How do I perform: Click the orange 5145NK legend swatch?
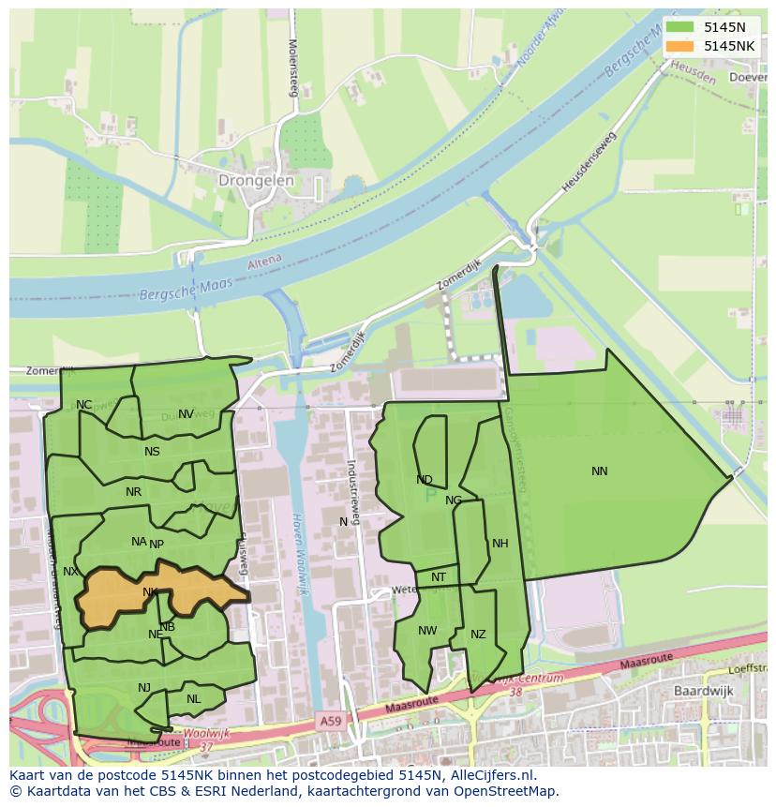(x=680, y=46)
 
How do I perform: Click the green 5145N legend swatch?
(x=680, y=27)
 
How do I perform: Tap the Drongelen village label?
(x=256, y=180)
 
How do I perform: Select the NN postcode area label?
(x=600, y=471)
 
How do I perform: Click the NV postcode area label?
(x=186, y=414)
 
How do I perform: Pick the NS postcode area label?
(x=152, y=452)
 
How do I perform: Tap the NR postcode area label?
(x=133, y=492)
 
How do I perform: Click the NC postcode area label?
(x=84, y=405)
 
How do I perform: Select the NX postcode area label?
(x=70, y=572)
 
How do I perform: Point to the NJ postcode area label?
(x=144, y=688)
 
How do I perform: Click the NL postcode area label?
(x=193, y=699)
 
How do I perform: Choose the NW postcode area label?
(x=427, y=631)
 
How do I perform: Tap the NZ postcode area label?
(x=478, y=635)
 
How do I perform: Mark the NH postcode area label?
(x=500, y=544)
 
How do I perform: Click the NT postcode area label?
(x=439, y=577)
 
